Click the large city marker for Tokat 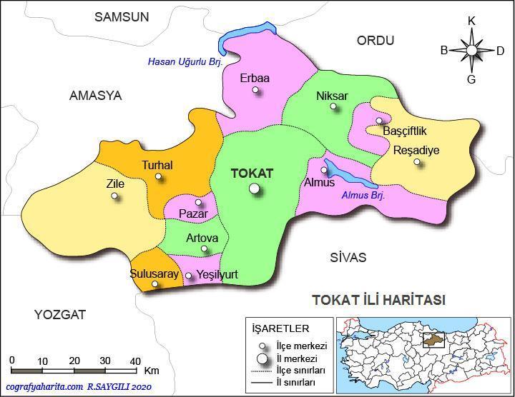point(254,189)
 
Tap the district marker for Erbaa point(257,91)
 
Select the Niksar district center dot point(333,107)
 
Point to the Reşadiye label point(416,150)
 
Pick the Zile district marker point(114,196)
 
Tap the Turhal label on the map point(157,165)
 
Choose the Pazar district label point(193,213)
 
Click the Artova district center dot point(205,249)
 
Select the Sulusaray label point(153,273)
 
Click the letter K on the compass point(471,21)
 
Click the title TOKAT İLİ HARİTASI point(378,300)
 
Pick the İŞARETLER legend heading point(280,328)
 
